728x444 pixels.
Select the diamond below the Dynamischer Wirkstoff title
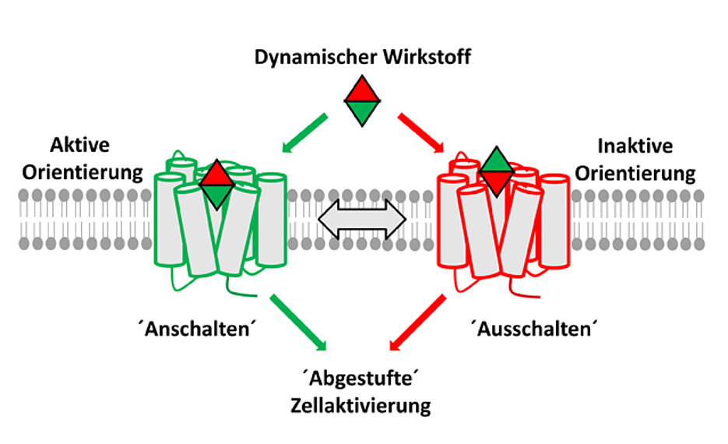[363, 101]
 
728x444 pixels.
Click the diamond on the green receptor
[216, 185]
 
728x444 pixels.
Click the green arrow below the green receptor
[301, 319]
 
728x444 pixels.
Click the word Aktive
[80, 146]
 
